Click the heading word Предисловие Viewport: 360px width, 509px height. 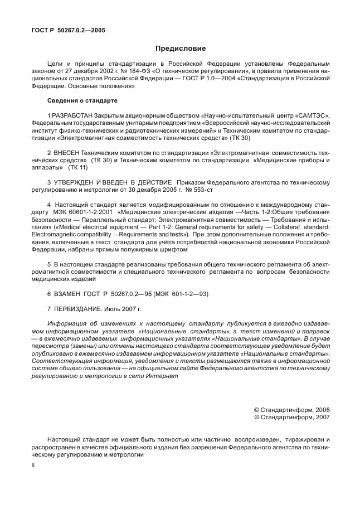coord(180,48)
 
